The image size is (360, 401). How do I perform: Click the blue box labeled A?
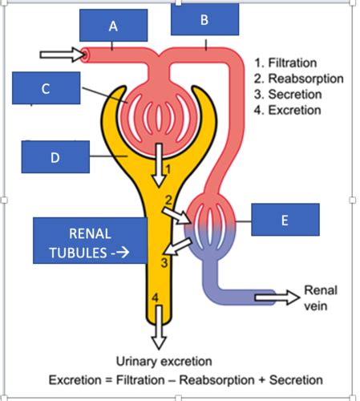(114, 26)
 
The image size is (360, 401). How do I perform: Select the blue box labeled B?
(205, 19)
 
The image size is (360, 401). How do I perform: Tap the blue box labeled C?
(47, 88)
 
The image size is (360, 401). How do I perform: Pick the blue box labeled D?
(55, 157)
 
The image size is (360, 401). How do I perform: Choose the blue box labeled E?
(285, 220)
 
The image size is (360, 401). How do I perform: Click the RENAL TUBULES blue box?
(91, 241)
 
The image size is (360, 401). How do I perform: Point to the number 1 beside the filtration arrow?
(168, 169)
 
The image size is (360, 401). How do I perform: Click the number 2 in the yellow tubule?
(168, 200)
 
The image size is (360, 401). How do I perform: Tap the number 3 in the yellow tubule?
(164, 263)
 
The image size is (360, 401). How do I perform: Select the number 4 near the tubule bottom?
(156, 298)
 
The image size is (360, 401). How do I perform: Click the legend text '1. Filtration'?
(285, 63)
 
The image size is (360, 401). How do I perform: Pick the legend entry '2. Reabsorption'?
(299, 79)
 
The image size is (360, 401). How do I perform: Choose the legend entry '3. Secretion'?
(288, 95)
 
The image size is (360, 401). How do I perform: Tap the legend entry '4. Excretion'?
(288, 110)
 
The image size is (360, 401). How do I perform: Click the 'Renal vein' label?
(321, 298)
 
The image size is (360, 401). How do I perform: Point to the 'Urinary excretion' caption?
(164, 362)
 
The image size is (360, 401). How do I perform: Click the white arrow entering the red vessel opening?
(63, 55)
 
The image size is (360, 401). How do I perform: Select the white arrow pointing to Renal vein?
(277, 298)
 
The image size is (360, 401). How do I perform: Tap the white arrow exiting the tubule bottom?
(159, 327)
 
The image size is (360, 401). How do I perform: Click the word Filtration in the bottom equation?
(140, 380)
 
